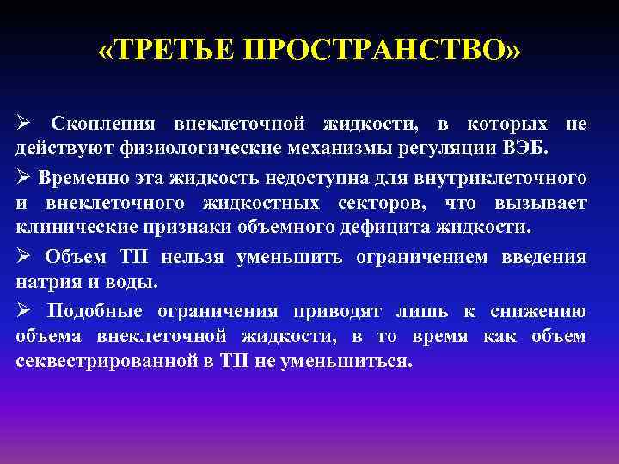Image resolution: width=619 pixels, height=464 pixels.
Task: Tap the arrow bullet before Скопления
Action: tap(24, 125)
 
